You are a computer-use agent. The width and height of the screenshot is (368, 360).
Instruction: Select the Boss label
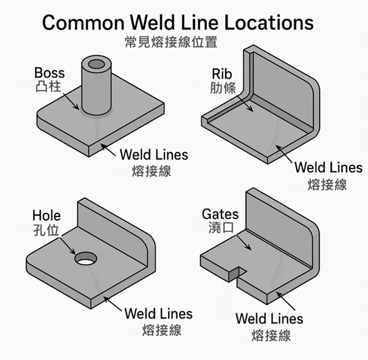pos(50,73)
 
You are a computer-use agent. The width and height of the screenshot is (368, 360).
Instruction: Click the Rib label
pos(220,73)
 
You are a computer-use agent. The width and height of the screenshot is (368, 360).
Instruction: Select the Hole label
pos(46,216)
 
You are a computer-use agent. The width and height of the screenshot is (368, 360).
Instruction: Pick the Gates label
pos(220,215)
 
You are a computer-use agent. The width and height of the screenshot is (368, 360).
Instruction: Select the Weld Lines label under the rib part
pos(328,167)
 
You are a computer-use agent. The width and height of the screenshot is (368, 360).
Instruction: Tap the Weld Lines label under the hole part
pos(158,314)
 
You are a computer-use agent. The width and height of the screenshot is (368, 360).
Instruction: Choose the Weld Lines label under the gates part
pos(269,319)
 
